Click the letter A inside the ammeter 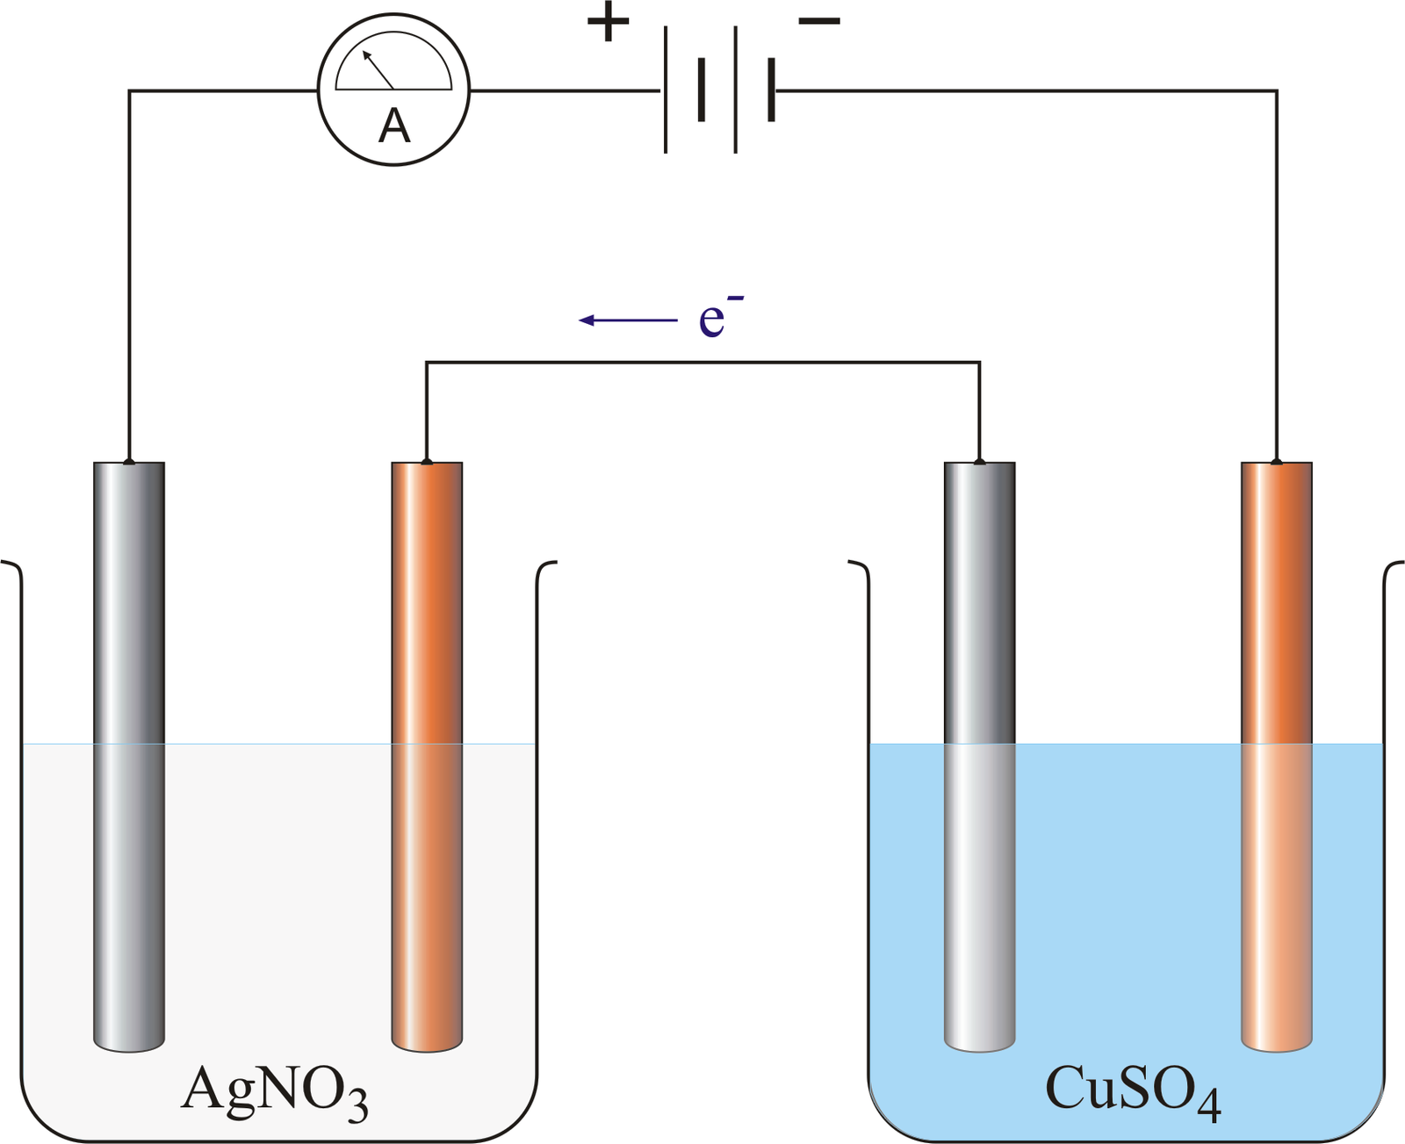point(394,126)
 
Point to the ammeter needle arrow point(378,70)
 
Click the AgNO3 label point(274,1090)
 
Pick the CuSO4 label point(1133,1090)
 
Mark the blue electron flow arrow point(628,320)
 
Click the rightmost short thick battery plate point(771,90)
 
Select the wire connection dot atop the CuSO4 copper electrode point(1276,462)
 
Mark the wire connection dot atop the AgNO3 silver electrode point(129,462)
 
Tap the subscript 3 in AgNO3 point(357,1106)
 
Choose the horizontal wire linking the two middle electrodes point(702,362)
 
